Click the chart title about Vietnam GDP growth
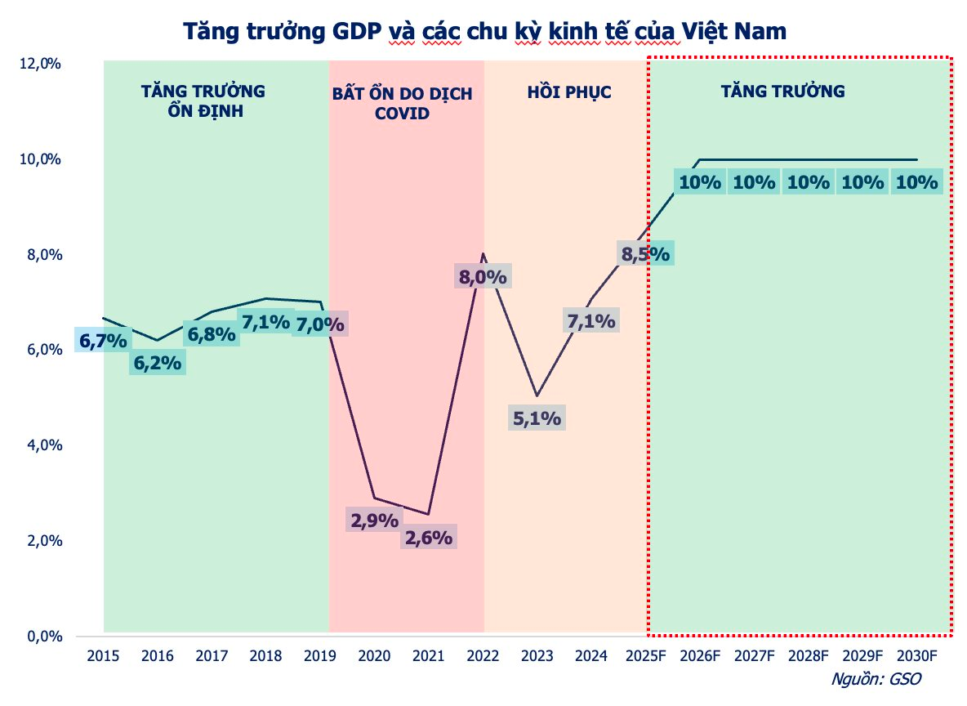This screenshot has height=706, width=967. tap(484, 32)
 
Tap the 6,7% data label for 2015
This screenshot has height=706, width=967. tap(103, 340)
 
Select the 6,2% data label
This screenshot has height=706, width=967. tap(157, 363)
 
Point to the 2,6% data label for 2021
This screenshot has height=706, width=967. tap(428, 538)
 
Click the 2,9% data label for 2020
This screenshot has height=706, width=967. tap(374, 520)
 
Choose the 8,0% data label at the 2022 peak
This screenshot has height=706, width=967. tap(483, 277)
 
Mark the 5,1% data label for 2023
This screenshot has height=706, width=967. tap(537, 418)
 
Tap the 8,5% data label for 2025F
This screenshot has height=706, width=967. tap(645, 254)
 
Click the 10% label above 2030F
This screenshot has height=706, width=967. tap(916, 182)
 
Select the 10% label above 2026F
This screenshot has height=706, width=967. tap(700, 182)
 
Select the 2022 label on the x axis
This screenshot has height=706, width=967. tap(482, 655)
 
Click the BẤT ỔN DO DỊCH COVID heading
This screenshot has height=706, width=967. tap(402, 103)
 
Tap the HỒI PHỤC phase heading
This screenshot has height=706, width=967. tap(568, 92)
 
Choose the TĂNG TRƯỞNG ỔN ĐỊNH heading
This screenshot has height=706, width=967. tap(203, 100)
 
